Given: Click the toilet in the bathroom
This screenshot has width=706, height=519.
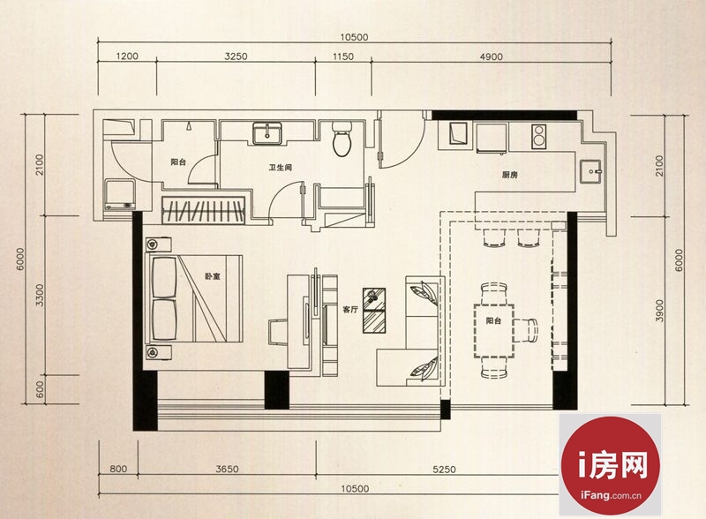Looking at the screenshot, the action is coord(342,139).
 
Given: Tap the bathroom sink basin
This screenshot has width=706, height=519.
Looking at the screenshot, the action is coord(267,133).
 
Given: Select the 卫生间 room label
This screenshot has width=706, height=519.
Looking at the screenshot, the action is coord(281,168).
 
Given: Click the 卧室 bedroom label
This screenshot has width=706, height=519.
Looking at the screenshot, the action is coord(213,276).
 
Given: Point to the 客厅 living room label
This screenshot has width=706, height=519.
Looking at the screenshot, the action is coord(350,310).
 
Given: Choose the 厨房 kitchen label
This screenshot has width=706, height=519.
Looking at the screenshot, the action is coord(510,175).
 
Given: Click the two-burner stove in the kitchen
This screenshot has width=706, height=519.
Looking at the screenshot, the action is coord(539,136).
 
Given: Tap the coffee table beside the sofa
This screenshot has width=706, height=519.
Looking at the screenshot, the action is coord(374,311).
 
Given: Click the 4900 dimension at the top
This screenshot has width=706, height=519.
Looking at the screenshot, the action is coord(492,56).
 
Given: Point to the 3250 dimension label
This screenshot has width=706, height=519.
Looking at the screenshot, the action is coord(236,56).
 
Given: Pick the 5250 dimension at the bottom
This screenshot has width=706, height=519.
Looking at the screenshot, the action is coord(445,470).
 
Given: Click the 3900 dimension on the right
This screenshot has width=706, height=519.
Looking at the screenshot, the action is coord(659,311).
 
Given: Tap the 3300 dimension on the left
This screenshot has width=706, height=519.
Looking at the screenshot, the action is coord(40,295).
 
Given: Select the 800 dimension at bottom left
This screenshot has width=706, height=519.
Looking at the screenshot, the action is coord(118,469).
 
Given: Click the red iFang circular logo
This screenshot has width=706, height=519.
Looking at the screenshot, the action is coord(610,465).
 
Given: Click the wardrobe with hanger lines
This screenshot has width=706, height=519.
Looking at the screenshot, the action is coord(204,210).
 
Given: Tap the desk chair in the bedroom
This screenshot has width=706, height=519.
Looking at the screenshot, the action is coord(278,332).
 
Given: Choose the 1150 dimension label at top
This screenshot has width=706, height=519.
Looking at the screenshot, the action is coord(343,56).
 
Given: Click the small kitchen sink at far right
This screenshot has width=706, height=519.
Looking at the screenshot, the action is coord(590,171).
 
